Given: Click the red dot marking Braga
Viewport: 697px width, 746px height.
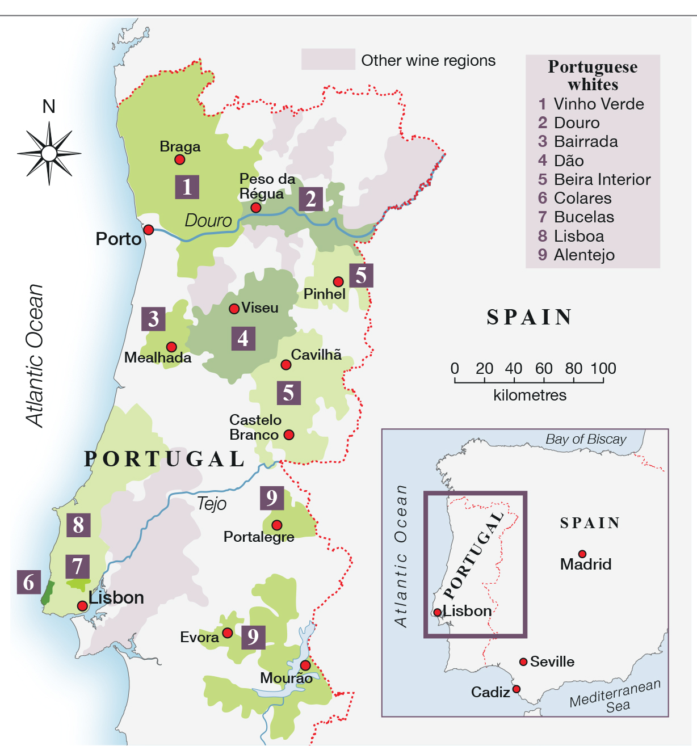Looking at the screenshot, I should click(x=179, y=159).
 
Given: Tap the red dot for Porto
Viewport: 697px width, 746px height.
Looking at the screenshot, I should click(x=149, y=230).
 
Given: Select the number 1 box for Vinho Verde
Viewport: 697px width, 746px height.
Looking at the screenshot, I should click(x=187, y=187).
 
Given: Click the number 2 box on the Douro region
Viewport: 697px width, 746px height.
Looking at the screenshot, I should click(x=310, y=199).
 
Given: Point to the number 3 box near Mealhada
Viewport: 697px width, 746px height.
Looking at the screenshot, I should click(x=153, y=319).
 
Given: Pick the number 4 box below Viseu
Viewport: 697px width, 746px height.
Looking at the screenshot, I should click(x=243, y=338).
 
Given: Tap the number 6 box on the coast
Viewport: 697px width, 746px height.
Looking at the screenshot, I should click(x=29, y=582).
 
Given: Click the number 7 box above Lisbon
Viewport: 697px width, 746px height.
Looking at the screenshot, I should click(x=77, y=566).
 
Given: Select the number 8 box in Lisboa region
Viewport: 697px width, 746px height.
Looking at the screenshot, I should click(x=78, y=525).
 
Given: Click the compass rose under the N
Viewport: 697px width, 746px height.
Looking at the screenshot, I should click(x=49, y=153).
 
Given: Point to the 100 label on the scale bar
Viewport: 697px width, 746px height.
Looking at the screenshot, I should click(x=603, y=369).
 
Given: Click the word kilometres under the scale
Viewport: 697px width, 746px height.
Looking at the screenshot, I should click(x=530, y=395).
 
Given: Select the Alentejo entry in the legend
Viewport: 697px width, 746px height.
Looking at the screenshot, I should click(x=584, y=255).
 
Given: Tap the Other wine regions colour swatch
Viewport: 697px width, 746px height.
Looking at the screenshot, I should click(x=328, y=60).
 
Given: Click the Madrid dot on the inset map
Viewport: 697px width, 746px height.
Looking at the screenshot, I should click(x=582, y=554).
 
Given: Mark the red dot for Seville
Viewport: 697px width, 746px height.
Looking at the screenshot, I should click(x=523, y=662).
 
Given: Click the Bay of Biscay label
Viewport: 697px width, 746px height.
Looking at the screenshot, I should click(x=586, y=439).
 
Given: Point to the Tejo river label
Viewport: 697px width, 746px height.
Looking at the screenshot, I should click(x=212, y=503).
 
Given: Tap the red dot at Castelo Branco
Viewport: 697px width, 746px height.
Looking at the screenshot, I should click(x=289, y=435).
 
